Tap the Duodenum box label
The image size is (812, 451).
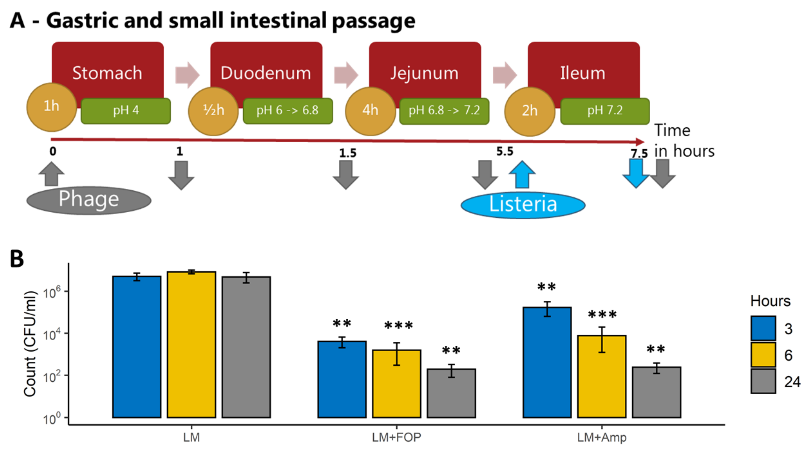click(x=266, y=73)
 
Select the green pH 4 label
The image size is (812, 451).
click(x=126, y=110)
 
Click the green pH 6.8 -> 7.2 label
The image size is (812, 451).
click(x=444, y=110)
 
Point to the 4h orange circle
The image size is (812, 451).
click(x=370, y=110)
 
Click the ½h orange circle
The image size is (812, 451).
click(x=213, y=110)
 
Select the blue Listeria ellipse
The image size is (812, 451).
click(x=523, y=205)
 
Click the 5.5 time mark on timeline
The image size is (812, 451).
click(x=505, y=152)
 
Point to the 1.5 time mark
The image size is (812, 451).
click(x=348, y=153)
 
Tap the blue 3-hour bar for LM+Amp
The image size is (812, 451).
click(x=547, y=362)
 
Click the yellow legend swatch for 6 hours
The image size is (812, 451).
click(x=763, y=355)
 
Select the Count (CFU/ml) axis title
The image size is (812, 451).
click(x=30, y=343)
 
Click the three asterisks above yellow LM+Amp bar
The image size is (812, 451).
click(x=602, y=314)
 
